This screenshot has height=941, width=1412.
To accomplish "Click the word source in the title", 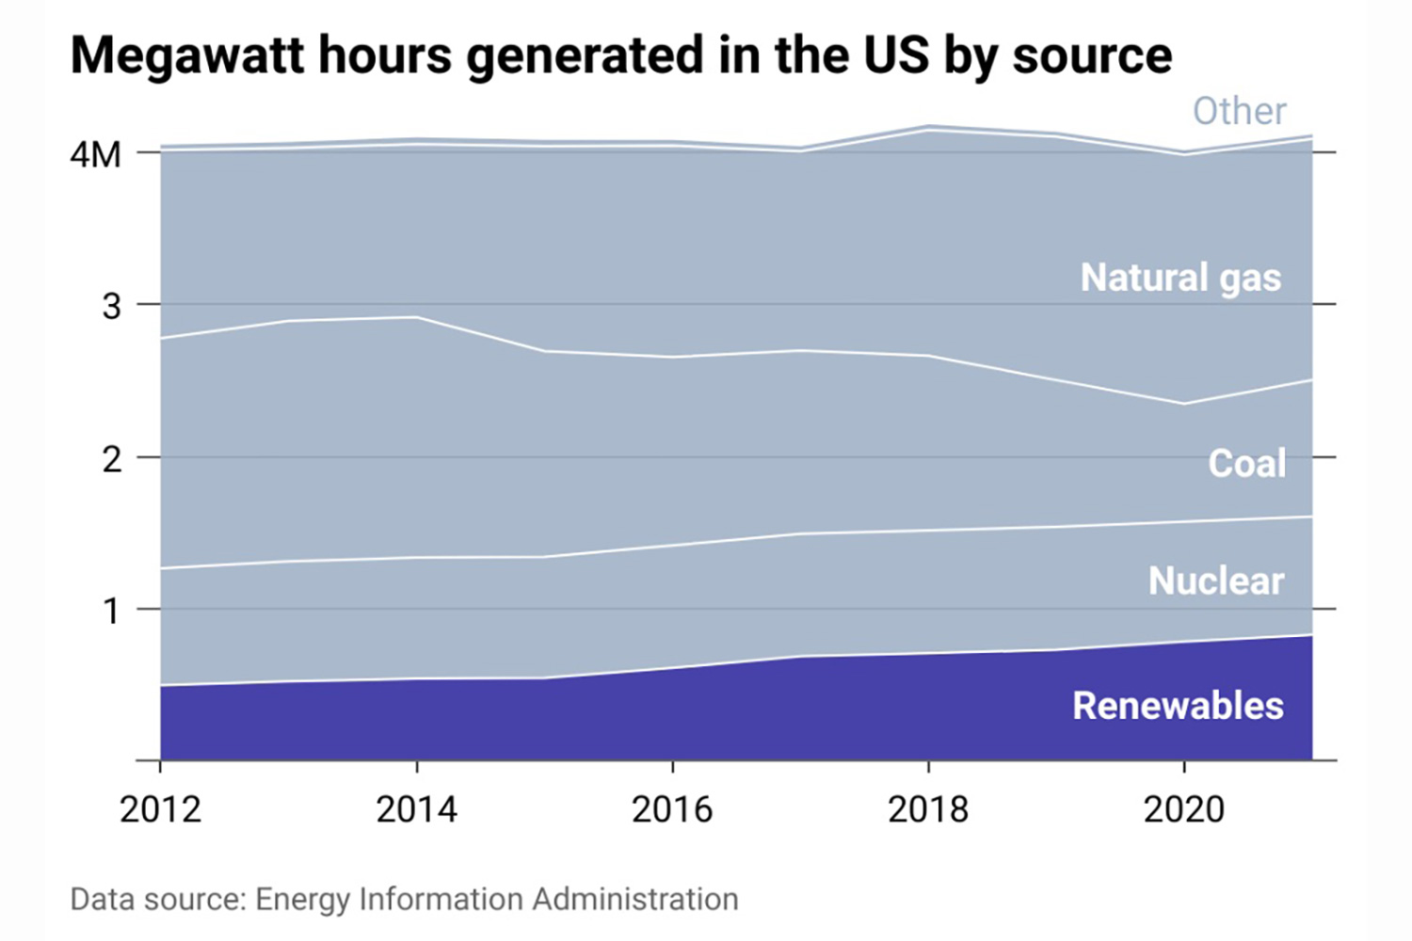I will tap(1092, 55).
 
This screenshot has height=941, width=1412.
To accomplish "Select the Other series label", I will tap(1239, 111).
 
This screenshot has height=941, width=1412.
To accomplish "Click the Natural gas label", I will tap(1180, 278).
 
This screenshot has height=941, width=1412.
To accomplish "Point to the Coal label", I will tap(1246, 463).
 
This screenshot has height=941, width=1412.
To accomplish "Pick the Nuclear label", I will tap(1215, 581).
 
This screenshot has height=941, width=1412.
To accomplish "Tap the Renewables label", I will tap(1178, 706).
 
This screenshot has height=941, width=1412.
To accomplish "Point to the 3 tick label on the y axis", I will tap(112, 306).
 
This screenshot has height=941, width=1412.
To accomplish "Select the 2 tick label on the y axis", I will tap(112, 459).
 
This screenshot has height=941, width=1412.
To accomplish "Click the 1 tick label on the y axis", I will tap(112, 612).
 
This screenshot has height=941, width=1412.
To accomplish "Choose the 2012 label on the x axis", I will tap(160, 809).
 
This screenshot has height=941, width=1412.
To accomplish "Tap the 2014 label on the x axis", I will tap(416, 809).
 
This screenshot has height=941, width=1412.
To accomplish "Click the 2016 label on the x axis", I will tap(672, 809).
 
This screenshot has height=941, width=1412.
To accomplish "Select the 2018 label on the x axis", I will tap(928, 809).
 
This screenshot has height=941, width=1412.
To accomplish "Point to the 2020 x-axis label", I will tap(1183, 809).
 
